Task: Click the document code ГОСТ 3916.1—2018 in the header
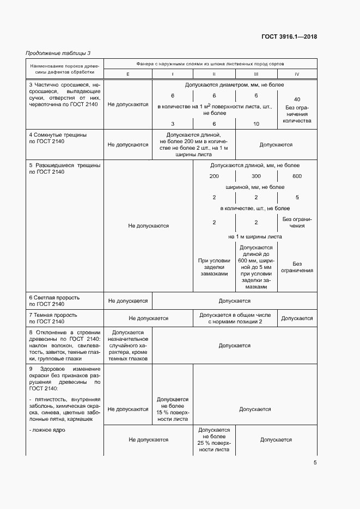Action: (289, 37)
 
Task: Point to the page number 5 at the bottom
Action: (315, 463)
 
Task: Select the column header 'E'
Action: (127, 74)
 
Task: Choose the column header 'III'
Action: (256, 74)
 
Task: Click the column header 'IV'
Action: (296, 74)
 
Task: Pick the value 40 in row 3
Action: (297, 100)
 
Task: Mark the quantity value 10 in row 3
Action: (256, 124)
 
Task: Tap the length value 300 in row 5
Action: (256, 176)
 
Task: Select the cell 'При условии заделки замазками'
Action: (213, 267)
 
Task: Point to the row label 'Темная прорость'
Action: (53, 315)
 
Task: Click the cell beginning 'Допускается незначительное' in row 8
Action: (127, 345)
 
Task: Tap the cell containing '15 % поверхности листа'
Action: (173, 409)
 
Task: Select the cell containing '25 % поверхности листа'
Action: (213, 440)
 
